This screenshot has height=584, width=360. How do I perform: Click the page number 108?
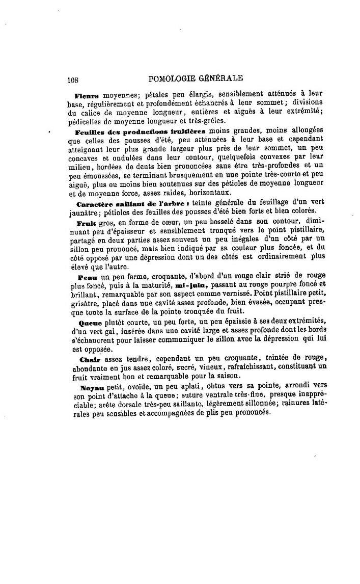(75, 78)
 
